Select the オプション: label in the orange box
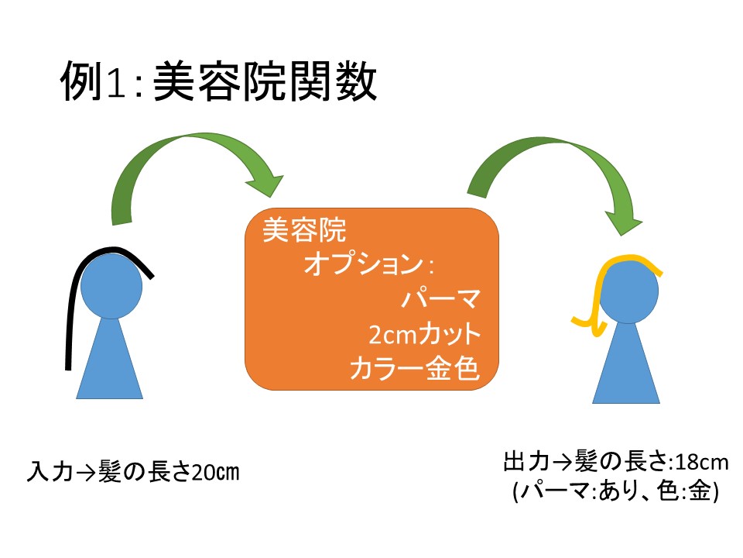pos(368,265)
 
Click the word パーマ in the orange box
pos(442,299)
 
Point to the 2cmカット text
pos(425,335)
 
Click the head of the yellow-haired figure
pos(628,291)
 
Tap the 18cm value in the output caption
pos(702,463)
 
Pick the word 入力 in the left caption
pos(45,471)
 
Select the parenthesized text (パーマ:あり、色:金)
pos(616,493)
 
